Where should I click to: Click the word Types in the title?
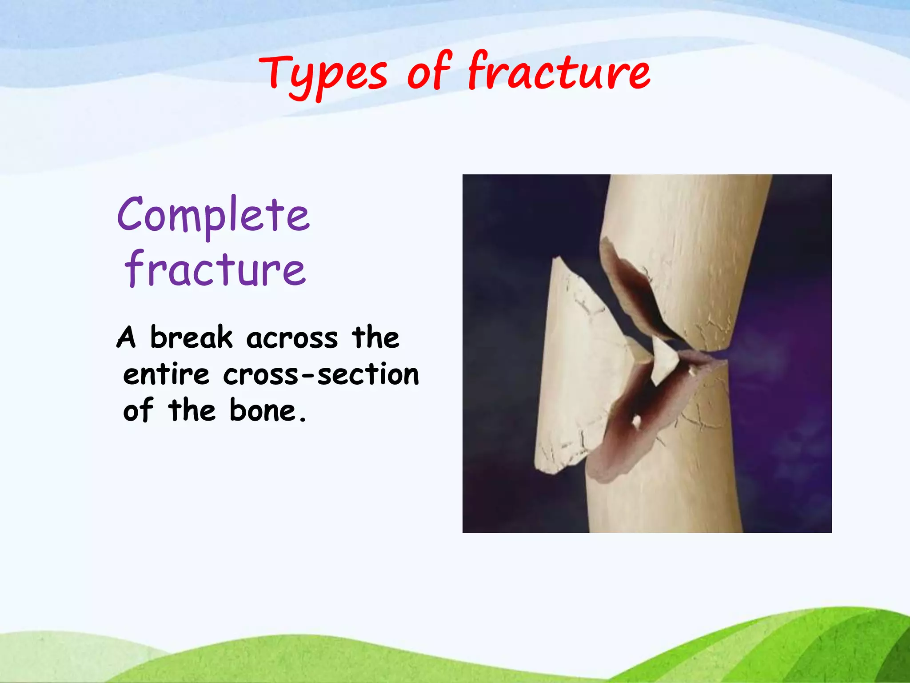click(x=323, y=75)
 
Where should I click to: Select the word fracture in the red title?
click(x=559, y=71)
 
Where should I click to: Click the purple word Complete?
click(x=213, y=216)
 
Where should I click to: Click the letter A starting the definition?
click(x=126, y=338)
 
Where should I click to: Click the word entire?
click(x=166, y=374)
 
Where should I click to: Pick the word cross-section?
click(x=321, y=374)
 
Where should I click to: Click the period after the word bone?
click(x=303, y=419)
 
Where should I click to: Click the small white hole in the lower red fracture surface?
click(x=636, y=421)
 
